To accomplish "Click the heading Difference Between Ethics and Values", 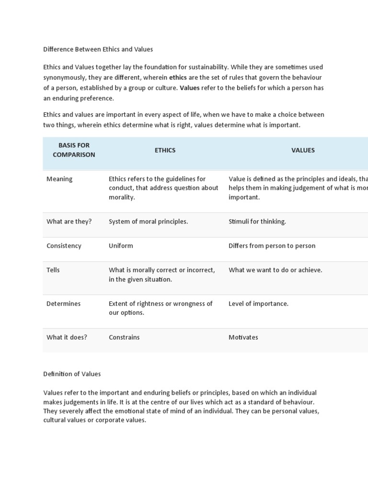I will click(98, 49).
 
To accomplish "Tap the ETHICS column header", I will click(165, 150).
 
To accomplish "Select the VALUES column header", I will click(303, 150).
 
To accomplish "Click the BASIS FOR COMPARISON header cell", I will click(74, 150).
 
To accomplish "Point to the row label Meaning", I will click(59, 179).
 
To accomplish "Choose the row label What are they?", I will click(69, 222).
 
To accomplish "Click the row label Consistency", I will click(64, 246).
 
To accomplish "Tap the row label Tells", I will click(53, 270).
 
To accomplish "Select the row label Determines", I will click(63, 304).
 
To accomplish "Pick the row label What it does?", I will click(67, 337).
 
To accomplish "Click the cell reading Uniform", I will click(121, 246).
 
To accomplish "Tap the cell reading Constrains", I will click(124, 337).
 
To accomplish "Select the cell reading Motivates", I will click(243, 337).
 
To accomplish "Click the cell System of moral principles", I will click(148, 222).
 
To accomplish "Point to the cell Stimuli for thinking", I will click(257, 222).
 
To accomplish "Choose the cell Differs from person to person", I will click(272, 246).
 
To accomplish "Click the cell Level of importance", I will click(259, 304).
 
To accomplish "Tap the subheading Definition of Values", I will click(72, 374).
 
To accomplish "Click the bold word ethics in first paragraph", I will click(178, 78).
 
